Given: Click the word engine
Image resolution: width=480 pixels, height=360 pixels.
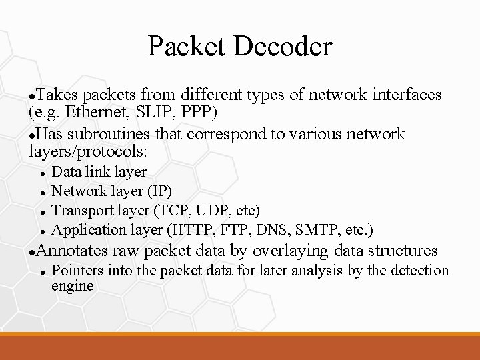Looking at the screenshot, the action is click(72, 286).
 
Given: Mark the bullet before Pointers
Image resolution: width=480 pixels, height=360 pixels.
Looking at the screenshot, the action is click(42, 272).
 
